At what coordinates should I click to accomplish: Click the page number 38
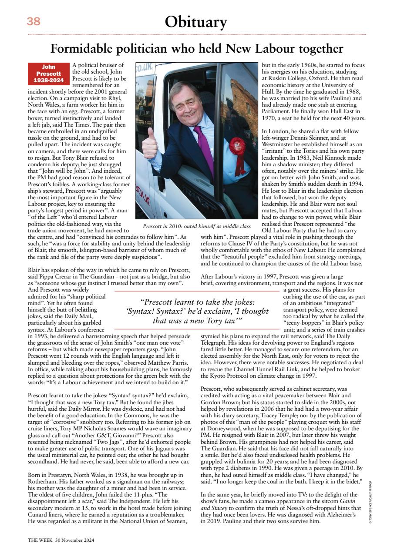click(x=34, y=21)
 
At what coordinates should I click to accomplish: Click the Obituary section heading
click(x=196, y=21)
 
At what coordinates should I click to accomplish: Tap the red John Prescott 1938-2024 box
click(x=48, y=74)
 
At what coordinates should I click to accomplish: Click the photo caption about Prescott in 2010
click(x=197, y=226)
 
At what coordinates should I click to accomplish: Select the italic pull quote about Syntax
click(x=197, y=311)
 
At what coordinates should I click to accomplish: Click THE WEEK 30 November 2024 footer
click(x=61, y=540)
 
